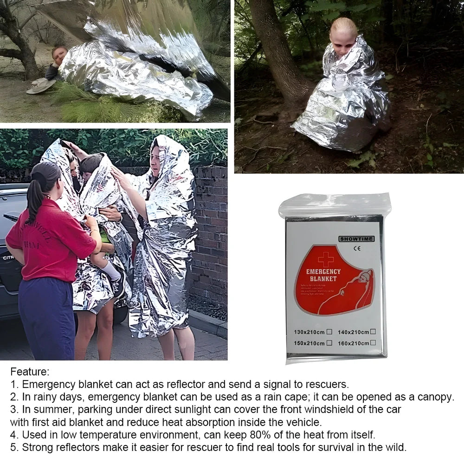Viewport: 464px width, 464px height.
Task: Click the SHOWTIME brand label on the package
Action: (x=356, y=239)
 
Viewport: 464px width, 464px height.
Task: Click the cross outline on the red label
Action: (x=326, y=259)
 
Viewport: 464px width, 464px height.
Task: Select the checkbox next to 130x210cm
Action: (x=329, y=331)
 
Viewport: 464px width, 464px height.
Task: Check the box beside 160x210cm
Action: (x=373, y=343)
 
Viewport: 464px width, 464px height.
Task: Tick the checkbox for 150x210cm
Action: (x=329, y=343)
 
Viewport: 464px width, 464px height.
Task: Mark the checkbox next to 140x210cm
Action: (x=373, y=331)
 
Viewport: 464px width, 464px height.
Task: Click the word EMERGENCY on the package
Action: (x=323, y=271)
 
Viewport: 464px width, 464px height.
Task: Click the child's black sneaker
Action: (x=120, y=285)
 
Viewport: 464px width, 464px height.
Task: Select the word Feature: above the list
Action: (x=30, y=372)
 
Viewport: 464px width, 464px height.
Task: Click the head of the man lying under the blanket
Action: (x=59, y=55)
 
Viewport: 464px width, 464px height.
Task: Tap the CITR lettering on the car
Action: (x=8, y=258)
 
